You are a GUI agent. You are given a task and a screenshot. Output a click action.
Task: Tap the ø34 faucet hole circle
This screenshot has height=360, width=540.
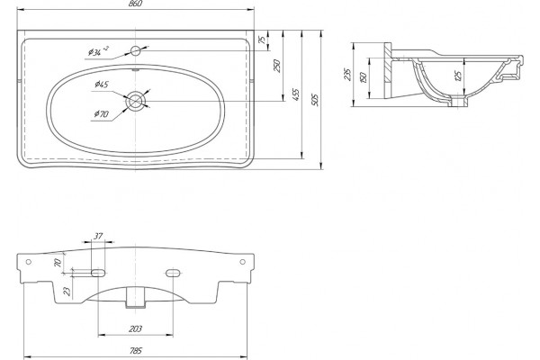click(136, 51)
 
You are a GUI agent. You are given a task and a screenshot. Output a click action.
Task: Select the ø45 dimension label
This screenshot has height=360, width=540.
click(101, 84)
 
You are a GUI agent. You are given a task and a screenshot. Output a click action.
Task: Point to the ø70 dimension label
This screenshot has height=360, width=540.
click(101, 113)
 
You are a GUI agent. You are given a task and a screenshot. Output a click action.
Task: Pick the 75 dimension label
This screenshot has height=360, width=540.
click(263, 40)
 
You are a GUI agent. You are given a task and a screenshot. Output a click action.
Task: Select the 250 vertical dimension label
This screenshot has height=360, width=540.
click(277, 66)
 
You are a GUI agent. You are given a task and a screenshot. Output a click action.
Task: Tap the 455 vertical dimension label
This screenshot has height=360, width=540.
click(296, 95)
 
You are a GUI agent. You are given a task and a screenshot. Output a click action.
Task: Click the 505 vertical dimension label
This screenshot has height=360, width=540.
click(315, 100)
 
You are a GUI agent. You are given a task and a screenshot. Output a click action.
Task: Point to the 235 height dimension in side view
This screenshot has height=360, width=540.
click(347, 75)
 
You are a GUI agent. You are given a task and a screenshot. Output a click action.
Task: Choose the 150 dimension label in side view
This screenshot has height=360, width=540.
click(363, 77)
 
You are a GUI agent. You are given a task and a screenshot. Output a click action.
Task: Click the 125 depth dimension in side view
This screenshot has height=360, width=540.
click(458, 76)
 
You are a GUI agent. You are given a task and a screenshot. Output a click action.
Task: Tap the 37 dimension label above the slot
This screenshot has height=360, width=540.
click(98, 237)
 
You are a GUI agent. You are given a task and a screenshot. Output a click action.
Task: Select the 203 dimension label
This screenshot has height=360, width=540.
click(135, 329)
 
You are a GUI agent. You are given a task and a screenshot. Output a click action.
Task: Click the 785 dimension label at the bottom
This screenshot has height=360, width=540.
click(136, 351)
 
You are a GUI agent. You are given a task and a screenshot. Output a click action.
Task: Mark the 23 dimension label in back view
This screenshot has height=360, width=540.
click(67, 292)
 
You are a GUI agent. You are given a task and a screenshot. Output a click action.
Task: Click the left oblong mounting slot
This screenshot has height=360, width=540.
click(98, 274)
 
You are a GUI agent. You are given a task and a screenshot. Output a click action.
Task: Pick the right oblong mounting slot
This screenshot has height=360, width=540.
click(173, 274)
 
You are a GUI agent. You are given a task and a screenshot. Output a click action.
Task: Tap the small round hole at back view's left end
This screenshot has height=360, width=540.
click(29, 262)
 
